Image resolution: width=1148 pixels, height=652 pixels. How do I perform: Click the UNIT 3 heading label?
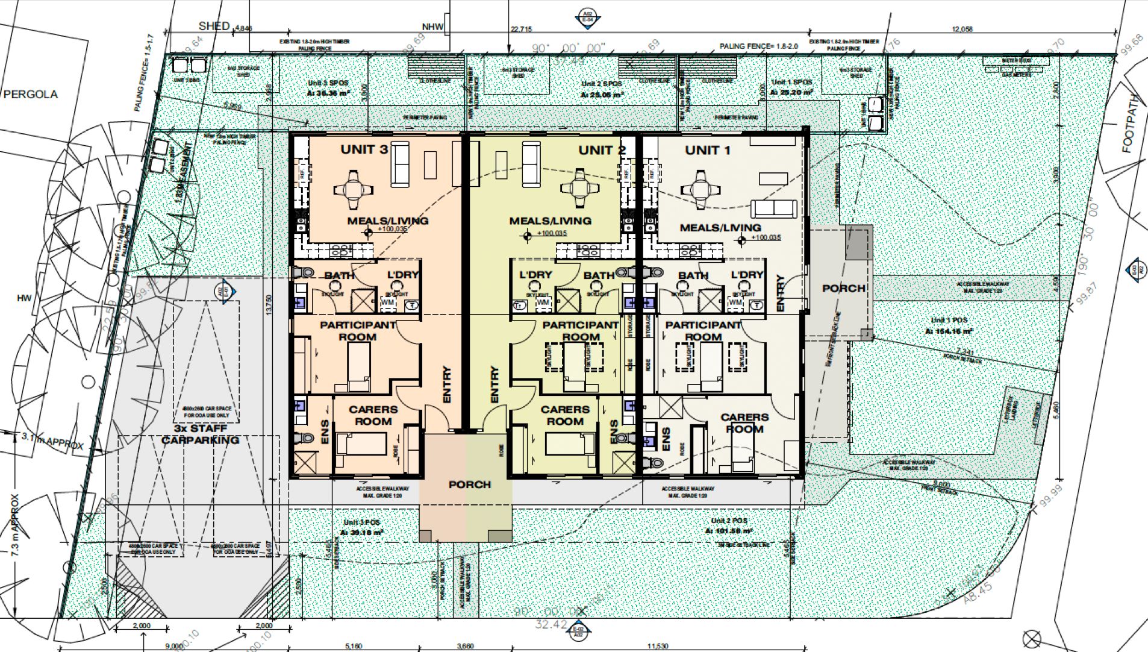364,149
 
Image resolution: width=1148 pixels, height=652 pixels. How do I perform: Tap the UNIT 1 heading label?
707,150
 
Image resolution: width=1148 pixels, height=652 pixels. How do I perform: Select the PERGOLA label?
31,95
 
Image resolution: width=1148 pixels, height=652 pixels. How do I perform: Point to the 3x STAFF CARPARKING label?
200,434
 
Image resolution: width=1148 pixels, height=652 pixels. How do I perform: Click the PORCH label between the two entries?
469,484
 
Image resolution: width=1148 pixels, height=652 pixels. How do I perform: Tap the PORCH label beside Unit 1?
843,289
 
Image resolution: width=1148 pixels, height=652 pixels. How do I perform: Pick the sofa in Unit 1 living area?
773,208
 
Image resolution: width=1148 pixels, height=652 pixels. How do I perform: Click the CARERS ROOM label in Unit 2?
565,415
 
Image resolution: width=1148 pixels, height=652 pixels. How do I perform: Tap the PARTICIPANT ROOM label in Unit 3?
358,330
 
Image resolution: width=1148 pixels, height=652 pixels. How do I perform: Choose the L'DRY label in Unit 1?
747,275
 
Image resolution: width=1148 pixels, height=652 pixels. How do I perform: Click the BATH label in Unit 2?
599,275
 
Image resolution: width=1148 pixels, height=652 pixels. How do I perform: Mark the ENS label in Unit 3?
325,431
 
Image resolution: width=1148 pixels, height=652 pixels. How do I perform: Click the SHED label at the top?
214,26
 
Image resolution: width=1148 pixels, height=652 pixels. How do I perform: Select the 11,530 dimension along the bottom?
657,646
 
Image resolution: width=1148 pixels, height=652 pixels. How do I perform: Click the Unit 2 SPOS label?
601,84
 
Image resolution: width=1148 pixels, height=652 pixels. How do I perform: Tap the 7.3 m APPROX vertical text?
15,525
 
